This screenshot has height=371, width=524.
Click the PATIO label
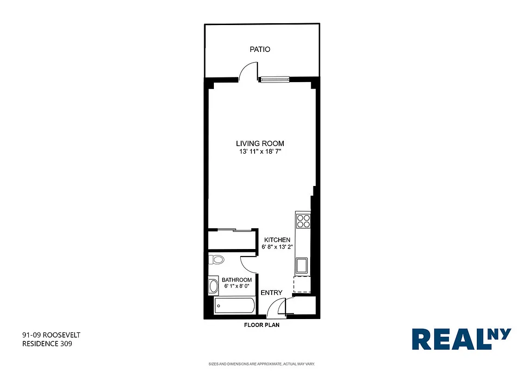tap(260, 49)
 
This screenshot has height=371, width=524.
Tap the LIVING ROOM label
tap(260, 144)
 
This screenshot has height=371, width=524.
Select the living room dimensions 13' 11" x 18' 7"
tap(260, 151)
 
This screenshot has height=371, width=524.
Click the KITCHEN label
tap(277, 240)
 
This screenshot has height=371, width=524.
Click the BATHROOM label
tap(237, 280)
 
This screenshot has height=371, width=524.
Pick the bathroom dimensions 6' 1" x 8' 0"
tap(237, 287)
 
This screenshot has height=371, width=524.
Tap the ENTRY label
tap(271, 293)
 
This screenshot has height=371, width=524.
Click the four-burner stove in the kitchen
tap(303, 221)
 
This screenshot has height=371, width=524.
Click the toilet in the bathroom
tap(216, 260)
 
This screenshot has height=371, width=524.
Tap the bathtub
tap(235, 306)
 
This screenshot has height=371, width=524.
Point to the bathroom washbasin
tap(213, 286)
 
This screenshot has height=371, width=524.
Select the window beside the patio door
tap(274, 80)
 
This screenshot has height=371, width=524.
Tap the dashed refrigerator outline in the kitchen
tap(302, 284)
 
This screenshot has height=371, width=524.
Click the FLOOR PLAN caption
tap(262, 325)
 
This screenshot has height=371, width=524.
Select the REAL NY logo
tap(461, 339)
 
